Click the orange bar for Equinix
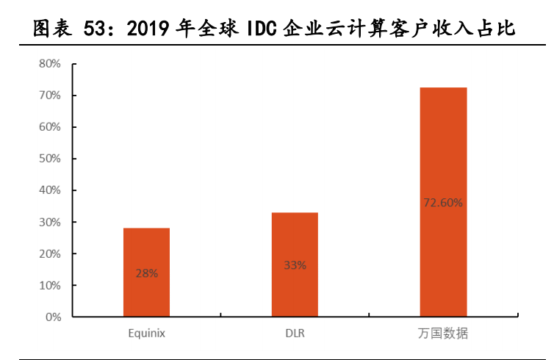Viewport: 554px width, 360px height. coord(146,250)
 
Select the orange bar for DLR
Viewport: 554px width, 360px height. coord(295,242)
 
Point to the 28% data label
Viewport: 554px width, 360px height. coord(146,273)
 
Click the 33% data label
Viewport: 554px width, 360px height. coord(295,265)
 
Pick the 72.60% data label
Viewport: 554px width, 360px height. coord(443,203)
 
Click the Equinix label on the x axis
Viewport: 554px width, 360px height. coord(146,334)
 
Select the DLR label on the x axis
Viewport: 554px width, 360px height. coord(295,334)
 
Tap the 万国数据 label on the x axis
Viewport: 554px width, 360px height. coord(443,334)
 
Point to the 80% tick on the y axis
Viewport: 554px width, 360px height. coord(49,64)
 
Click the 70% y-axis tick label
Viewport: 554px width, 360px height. coord(49,96)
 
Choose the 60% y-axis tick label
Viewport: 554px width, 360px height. coord(49,127)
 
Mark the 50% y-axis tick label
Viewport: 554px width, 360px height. coord(49,159)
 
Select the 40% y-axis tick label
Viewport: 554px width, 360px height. coord(49,190)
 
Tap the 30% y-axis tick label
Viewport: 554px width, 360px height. coord(49,222)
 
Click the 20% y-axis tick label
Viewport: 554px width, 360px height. coord(49,253)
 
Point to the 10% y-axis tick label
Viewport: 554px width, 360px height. coord(49,285)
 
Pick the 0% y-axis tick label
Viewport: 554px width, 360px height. coord(52,317)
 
